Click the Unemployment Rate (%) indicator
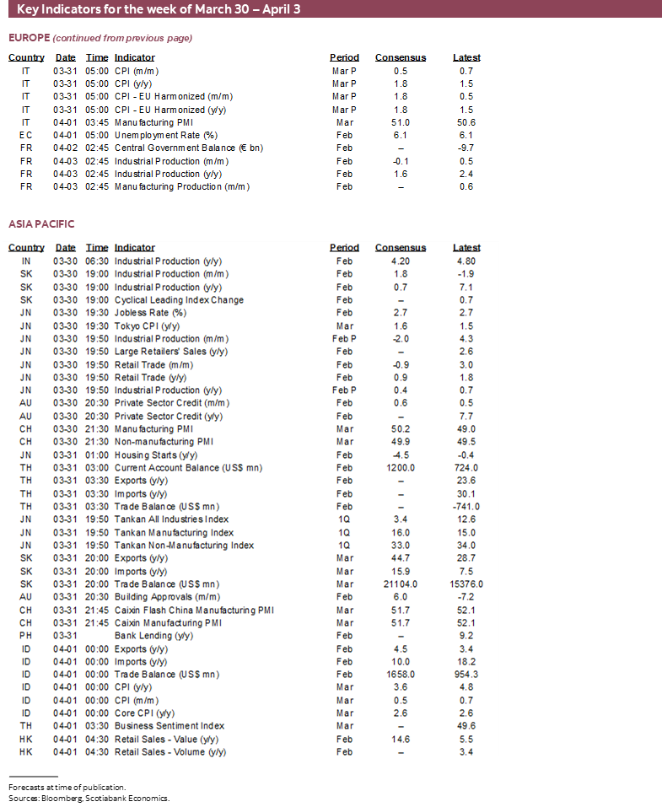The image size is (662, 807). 166,136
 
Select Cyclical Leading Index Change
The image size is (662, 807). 179,300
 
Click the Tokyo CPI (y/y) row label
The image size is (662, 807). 148,326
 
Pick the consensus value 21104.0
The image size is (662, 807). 401,584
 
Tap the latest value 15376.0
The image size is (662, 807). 466,584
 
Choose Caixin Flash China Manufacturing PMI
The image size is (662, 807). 194,611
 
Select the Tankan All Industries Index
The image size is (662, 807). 171,519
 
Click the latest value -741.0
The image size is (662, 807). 466,507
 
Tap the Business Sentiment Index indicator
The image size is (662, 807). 170,726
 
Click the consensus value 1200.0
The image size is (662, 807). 401,468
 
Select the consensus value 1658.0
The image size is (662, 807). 401,675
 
